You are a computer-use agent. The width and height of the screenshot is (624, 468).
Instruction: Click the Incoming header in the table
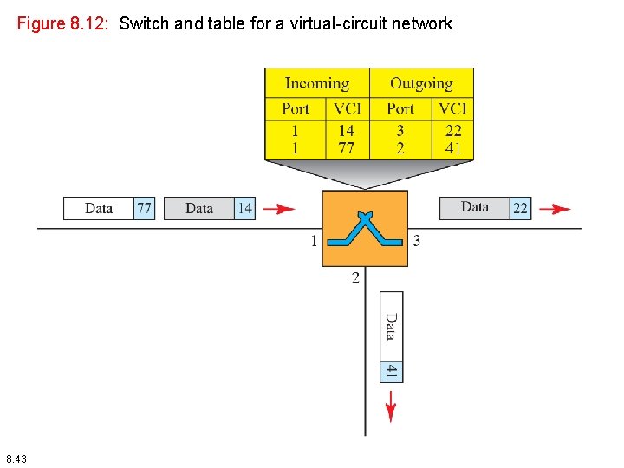pyautogui.click(x=316, y=83)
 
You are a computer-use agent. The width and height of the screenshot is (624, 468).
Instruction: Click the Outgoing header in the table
pyautogui.click(x=421, y=83)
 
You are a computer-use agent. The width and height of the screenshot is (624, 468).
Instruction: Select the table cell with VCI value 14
pyautogui.click(x=346, y=131)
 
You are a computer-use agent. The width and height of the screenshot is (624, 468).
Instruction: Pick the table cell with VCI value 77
pyautogui.click(x=346, y=148)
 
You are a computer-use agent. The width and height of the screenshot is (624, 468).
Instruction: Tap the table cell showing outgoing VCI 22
pyautogui.click(x=453, y=131)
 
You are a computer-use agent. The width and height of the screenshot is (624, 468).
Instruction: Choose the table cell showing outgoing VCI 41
pyautogui.click(x=453, y=148)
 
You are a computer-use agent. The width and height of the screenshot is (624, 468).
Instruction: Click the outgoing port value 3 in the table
pyautogui.click(x=400, y=131)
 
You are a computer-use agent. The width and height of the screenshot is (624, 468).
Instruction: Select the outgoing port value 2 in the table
pyautogui.click(x=400, y=148)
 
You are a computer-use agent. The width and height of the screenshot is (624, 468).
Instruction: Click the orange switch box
pyautogui.click(x=364, y=228)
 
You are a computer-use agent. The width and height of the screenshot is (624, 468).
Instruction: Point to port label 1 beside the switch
pyautogui.click(x=315, y=241)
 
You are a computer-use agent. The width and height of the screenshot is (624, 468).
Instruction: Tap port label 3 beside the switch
pyautogui.click(x=417, y=241)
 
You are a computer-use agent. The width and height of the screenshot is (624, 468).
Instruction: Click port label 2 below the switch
pyautogui.click(x=355, y=277)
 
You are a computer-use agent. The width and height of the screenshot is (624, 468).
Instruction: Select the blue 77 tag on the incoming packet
pyautogui.click(x=144, y=208)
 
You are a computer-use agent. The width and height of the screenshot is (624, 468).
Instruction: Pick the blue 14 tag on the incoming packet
pyautogui.click(x=245, y=208)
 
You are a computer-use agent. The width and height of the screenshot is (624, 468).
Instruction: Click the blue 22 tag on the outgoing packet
pyautogui.click(x=520, y=208)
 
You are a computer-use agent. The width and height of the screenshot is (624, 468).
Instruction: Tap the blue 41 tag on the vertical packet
pyautogui.click(x=391, y=371)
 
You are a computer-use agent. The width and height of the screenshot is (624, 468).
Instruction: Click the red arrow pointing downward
pyautogui.click(x=391, y=406)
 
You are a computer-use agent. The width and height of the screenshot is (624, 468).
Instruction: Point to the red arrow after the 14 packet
pyautogui.click(x=278, y=209)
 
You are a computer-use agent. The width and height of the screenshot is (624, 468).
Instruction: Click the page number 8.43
pyautogui.click(x=16, y=458)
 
